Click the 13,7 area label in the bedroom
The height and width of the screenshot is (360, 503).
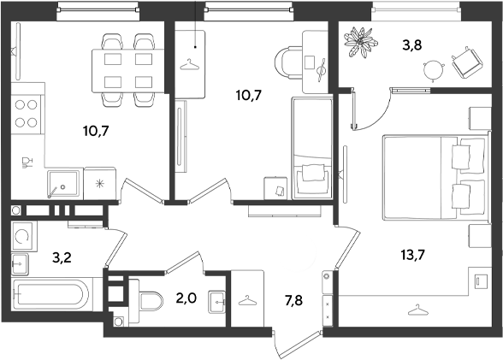pyautogui.click(x=412, y=256)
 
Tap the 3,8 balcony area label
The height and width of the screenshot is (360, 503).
pyautogui.click(x=412, y=45)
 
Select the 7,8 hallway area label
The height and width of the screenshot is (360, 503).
pyautogui.click(x=293, y=301)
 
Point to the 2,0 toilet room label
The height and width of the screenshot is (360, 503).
pyautogui.click(x=186, y=298)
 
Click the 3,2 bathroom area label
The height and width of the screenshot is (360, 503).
pyautogui.click(x=62, y=257)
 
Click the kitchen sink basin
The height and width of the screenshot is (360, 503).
pyautogui.click(x=63, y=183)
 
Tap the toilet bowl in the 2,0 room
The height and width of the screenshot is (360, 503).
pyautogui.click(x=151, y=301)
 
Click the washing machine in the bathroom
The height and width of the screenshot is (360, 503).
pyautogui.click(x=22, y=236)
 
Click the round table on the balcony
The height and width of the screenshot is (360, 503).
pyautogui.click(x=433, y=70)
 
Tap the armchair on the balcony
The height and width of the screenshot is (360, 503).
pyautogui.click(x=467, y=62)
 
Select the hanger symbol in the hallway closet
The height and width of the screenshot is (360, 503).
pyautogui.click(x=247, y=301)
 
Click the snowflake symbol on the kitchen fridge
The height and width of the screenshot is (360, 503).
pyautogui.click(x=100, y=184)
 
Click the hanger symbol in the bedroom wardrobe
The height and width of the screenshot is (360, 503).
pyautogui.click(x=417, y=310)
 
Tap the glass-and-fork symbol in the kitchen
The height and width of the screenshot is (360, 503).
pyautogui.click(x=27, y=162)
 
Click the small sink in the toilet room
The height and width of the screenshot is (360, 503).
pyautogui.click(x=217, y=302)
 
